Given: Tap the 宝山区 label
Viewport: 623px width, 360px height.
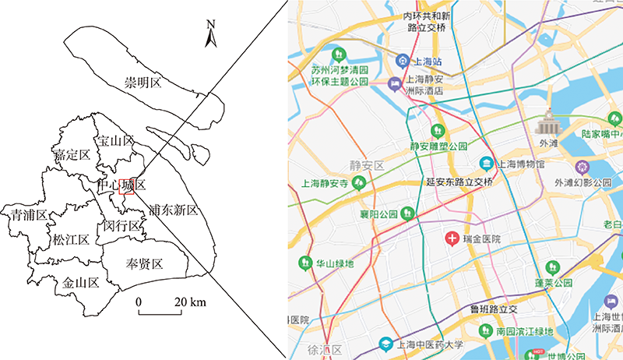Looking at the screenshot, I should point(115,141).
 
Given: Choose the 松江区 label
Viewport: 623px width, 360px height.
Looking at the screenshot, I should point(72,239).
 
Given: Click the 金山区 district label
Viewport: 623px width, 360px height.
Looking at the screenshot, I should point(82,283).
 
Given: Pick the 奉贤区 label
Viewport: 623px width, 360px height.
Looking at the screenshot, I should point(144,263).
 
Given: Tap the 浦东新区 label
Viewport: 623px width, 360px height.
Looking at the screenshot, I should point(173,210).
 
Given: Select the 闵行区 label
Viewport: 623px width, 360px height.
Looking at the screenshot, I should point(122,226).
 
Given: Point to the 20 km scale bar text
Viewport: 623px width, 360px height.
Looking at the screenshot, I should point(189,302).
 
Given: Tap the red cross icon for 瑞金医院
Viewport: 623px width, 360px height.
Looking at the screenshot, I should point(451,238).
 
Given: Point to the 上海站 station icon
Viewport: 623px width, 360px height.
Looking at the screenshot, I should point(402,60).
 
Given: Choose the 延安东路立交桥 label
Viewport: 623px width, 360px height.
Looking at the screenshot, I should point(460,182).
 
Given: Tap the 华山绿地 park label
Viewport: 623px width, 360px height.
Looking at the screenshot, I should point(335,263).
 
